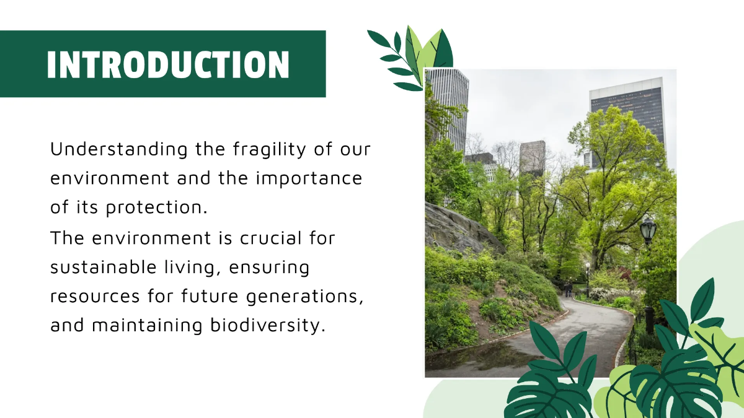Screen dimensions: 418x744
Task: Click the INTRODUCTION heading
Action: click(167, 64)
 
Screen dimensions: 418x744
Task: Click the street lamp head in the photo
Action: click(648, 230)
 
